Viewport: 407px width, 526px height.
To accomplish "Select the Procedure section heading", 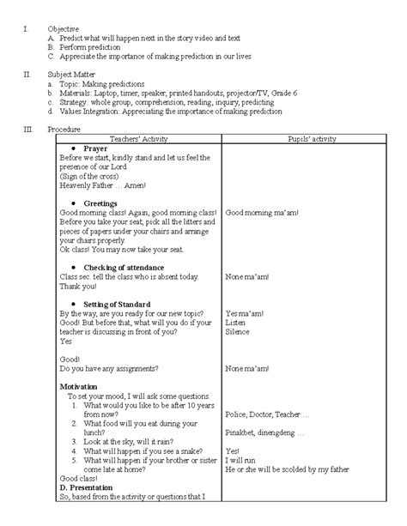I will pyautogui.click(x=64, y=129).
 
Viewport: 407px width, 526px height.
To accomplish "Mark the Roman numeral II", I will pyautogui.click(x=28, y=75).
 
